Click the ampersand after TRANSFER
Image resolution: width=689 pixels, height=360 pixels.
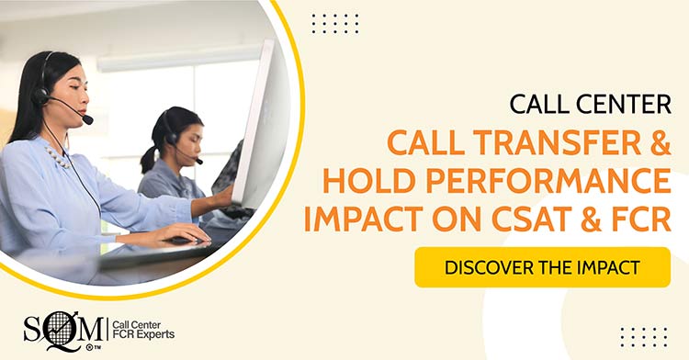pos(654,142)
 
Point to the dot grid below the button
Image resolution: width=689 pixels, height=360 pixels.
pos(643,336)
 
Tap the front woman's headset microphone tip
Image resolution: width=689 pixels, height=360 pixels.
pos(87,119)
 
